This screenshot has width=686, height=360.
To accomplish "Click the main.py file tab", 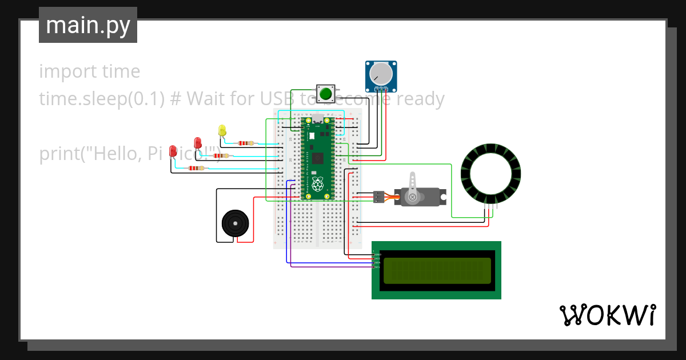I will click(x=88, y=25).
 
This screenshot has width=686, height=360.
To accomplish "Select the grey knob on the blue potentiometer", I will click(x=380, y=74).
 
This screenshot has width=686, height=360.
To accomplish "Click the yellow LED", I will click(x=222, y=130).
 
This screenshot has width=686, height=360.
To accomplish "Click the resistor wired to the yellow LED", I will click(x=246, y=143).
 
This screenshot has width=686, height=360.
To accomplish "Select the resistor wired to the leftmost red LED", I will click(x=196, y=168).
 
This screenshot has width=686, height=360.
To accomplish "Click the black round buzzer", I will click(x=235, y=223).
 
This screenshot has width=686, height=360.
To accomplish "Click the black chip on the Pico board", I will click(x=318, y=158).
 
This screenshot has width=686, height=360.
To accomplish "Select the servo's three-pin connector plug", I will click(x=378, y=197).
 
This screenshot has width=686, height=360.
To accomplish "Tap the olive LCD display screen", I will click(x=437, y=271).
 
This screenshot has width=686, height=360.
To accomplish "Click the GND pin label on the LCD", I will click(x=377, y=254).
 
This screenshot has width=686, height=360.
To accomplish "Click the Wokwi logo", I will click(x=607, y=315).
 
